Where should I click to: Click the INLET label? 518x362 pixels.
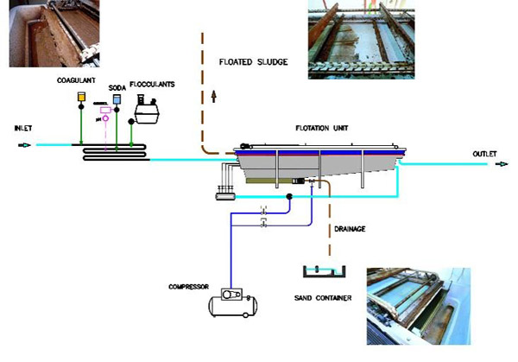pyautogui.click(x=23, y=129)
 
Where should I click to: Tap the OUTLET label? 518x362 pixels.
pyautogui.click(x=484, y=155)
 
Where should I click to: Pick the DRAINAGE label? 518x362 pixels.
pyautogui.click(x=351, y=228)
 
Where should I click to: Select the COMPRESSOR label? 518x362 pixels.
pyautogui.click(x=188, y=285)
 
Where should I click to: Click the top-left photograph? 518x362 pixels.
pyautogui.click(x=54, y=33)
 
